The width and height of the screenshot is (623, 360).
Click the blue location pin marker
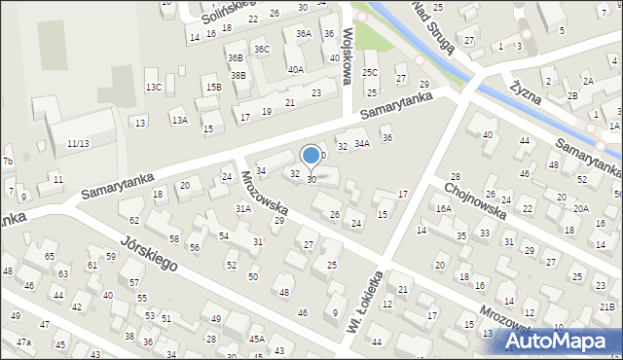[311, 157]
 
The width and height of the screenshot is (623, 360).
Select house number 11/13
[79, 143]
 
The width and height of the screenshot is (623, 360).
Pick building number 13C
[154, 87]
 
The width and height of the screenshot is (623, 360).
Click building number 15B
[213, 88]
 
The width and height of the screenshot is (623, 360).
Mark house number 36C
[261, 49]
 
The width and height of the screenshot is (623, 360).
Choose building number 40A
[295, 69]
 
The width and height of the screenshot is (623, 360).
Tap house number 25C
[370, 72]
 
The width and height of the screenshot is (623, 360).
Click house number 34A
[361, 144]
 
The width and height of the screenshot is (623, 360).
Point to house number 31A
[243, 208]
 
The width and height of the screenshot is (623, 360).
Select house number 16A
[443, 208]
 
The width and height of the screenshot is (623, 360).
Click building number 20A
[580, 208]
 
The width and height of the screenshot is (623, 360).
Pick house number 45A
[256, 339]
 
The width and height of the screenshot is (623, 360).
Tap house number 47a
[23, 342]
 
